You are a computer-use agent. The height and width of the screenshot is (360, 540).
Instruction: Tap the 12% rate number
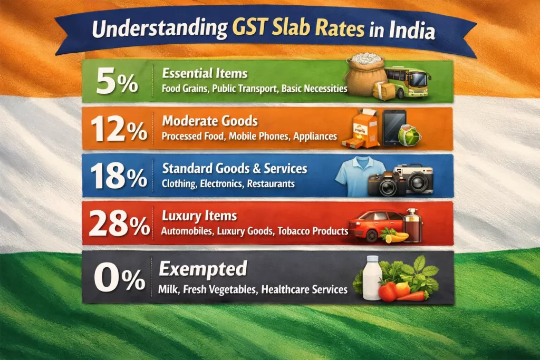[x=118, y=129]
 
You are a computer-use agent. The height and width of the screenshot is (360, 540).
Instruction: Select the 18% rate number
[x=118, y=177]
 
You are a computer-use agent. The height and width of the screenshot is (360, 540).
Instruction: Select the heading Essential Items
[x=205, y=73]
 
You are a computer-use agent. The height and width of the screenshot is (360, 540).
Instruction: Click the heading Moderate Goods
[x=210, y=121]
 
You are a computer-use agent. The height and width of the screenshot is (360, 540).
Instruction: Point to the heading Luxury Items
[x=199, y=216]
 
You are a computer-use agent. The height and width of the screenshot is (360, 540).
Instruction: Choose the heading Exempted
[x=203, y=269]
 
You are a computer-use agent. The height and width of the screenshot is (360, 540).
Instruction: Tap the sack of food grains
[x=364, y=76]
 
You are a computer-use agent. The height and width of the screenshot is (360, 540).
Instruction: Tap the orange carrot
[x=412, y=296]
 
